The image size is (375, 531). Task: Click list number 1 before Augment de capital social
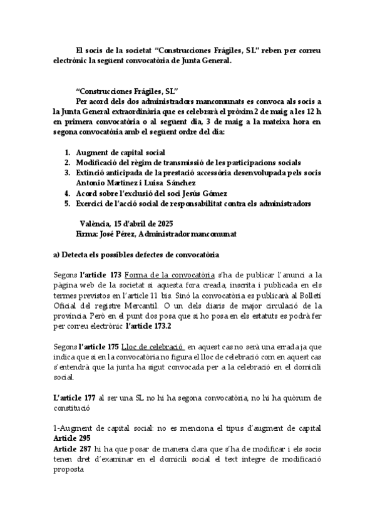point(68,152)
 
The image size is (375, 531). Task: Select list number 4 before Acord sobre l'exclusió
point(68,193)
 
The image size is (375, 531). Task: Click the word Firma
point(86,234)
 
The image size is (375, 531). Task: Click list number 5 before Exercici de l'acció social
point(68,204)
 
